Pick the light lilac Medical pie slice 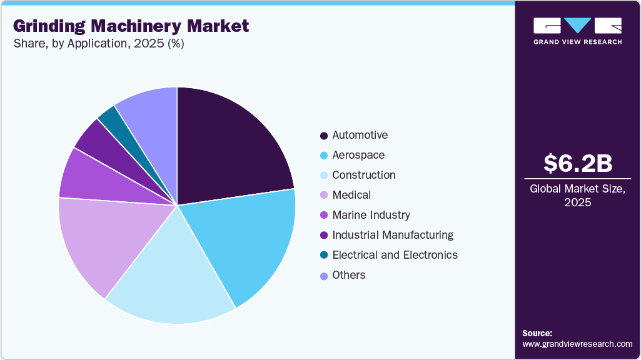(103, 241)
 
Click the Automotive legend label (360, 135)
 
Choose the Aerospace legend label (358, 155)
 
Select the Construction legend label (363, 175)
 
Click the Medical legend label (351, 195)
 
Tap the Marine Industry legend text (371, 215)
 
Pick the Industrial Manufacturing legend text (393, 235)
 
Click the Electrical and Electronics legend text (395, 255)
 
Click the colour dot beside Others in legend (323, 276)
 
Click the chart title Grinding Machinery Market (131, 26)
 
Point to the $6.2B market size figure (577, 163)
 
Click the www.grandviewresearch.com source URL (577, 344)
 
